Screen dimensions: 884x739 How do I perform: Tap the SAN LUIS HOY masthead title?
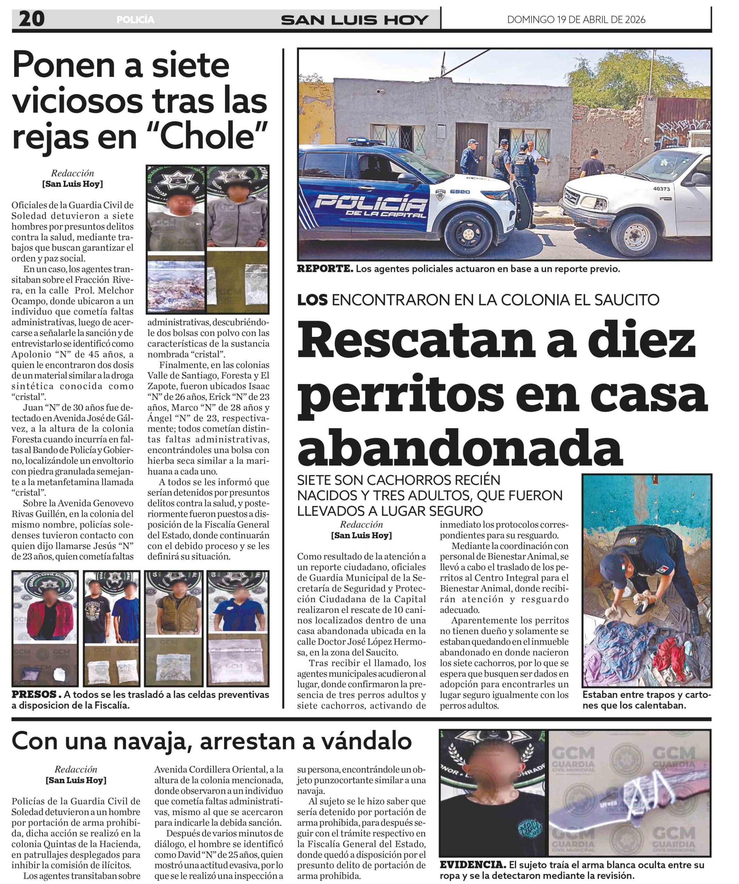tap(354, 20)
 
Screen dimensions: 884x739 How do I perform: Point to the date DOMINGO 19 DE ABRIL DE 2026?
tap(576, 20)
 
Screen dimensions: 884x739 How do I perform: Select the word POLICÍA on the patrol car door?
tap(371, 204)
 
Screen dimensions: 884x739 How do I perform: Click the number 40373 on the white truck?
tap(662, 189)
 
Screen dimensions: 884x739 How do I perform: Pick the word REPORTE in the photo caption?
tap(325, 269)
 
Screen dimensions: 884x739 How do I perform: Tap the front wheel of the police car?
tap(468, 232)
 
